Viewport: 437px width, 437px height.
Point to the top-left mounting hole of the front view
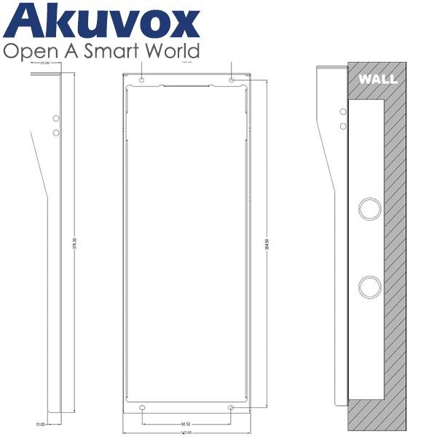click(x=142, y=79)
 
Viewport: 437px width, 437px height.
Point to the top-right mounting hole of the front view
click(x=232, y=79)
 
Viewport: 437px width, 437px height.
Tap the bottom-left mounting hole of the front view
click(x=142, y=408)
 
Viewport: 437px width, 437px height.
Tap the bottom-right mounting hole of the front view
click(x=232, y=408)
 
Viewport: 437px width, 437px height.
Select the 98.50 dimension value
click(x=186, y=424)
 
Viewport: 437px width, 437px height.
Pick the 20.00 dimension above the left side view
click(x=45, y=64)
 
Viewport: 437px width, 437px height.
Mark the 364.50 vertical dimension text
click(x=267, y=242)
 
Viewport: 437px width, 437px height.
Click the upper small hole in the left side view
click(x=55, y=118)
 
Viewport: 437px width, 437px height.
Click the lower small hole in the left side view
click(x=55, y=133)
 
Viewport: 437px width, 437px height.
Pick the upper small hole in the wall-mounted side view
click(x=343, y=112)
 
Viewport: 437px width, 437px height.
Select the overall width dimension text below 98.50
click(x=186, y=433)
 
